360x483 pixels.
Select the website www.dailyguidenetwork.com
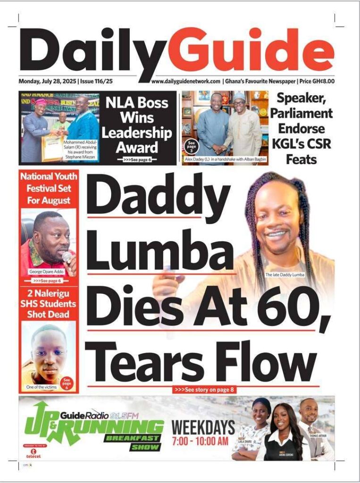pyautogui.click(x=185, y=81)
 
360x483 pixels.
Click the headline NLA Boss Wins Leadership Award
pyautogui.click(x=137, y=125)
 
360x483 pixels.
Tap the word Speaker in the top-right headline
pyautogui.click(x=304, y=99)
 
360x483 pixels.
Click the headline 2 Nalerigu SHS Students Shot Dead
pyautogui.click(x=49, y=303)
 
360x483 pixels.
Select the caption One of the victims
pyautogui.click(x=41, y=388)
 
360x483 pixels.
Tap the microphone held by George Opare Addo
pyautogui.click(x=67, y=257)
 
